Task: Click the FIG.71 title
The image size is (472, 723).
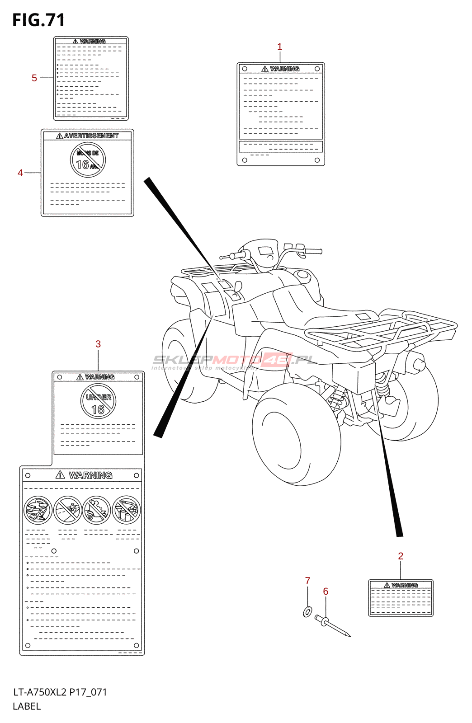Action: [x=38, y=20]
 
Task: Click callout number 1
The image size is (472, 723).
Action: [x=279, y=47]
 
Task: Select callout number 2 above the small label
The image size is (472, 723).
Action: [x=401, y=556]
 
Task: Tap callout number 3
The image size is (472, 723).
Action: [x=98, y=344]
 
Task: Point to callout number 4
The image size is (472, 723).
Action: [x=20, y=173]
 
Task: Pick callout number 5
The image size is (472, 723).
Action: [x=34, y=78]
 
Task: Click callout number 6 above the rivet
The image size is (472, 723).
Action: [x=326, y=592]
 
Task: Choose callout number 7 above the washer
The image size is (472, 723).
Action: [x=307, y=581]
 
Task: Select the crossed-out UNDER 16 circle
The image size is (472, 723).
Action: [x=98, y=401]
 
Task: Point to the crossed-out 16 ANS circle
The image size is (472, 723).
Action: [x=88, y=160]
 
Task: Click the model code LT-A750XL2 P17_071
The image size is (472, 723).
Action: [x=60, y=692]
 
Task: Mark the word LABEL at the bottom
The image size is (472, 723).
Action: [x=27, y=706]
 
